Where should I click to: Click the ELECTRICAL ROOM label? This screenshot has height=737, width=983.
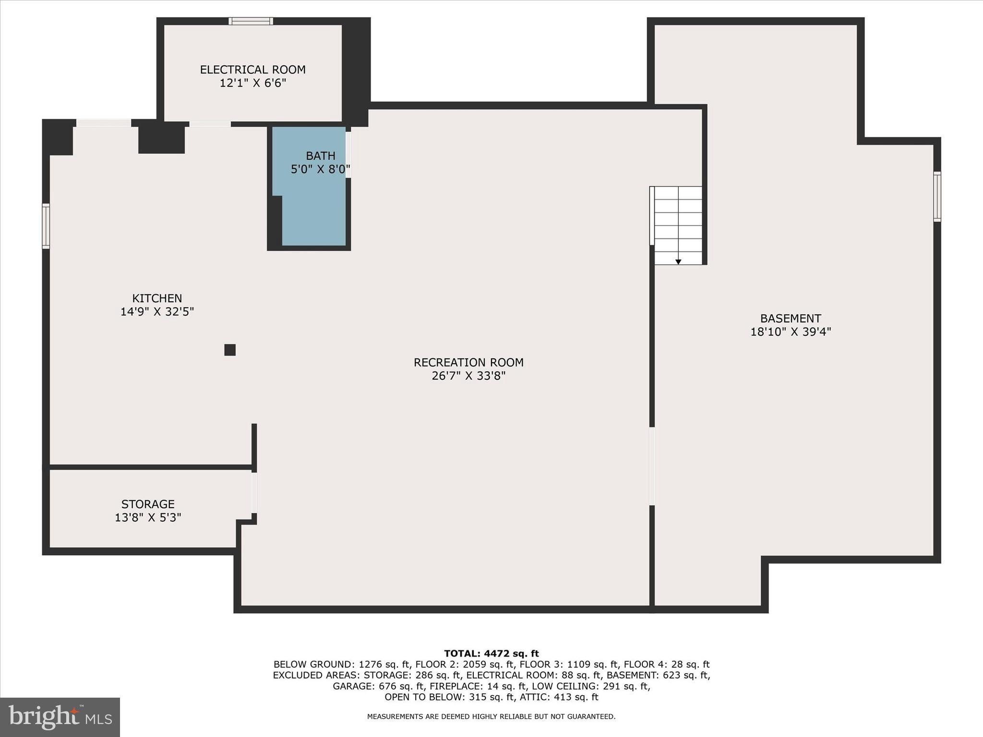point(252,70)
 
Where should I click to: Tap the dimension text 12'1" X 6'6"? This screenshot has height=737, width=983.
point(252,83)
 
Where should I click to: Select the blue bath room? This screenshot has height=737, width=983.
point(313,211)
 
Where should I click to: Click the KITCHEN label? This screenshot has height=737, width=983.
point(157,298)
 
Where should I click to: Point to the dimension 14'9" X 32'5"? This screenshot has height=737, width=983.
point(157,311)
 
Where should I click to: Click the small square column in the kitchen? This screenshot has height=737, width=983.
point(230,350)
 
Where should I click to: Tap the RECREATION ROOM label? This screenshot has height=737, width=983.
point(468,362)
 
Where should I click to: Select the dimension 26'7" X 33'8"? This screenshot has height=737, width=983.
point(468,376)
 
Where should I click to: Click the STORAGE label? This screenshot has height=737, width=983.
point(148,504)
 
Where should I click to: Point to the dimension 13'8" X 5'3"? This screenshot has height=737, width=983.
point(148,517)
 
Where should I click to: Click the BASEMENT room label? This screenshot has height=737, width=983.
point(791,318)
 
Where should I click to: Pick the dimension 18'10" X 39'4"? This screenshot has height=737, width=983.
point(791,332)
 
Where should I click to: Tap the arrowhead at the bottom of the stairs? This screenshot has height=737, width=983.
point(678,262)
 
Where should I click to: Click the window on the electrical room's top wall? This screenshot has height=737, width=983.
point(251,21)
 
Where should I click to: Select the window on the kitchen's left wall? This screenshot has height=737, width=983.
point(46,226)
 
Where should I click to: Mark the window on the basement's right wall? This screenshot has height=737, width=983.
point(937,196)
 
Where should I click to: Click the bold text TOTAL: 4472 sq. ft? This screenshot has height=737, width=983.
point(491,653)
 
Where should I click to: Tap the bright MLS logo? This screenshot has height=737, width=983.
point(60,717)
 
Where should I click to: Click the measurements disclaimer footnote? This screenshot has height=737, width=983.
point(491,716)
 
